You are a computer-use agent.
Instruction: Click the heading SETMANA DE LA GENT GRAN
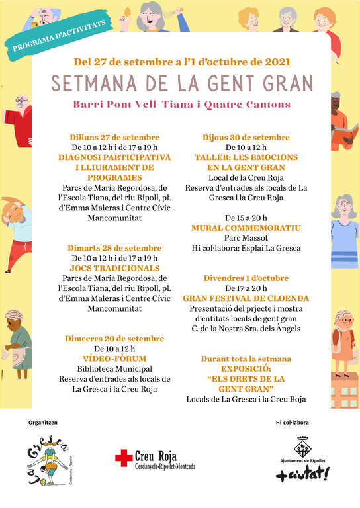[182, 84]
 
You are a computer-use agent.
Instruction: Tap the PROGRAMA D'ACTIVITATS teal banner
[59, 35]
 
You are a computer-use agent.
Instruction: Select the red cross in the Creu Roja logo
[124, 457]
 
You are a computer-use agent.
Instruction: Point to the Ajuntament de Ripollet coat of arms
[302, 446]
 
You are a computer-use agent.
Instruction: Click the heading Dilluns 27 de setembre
[114, 137]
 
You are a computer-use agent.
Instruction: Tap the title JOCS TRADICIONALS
[114, 268]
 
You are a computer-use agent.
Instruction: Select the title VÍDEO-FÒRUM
[114, 359]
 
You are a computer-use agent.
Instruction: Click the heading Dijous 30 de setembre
[246, 137]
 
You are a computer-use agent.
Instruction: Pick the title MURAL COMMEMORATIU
[246, 228]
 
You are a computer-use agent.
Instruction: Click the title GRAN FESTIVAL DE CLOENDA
[246, 298]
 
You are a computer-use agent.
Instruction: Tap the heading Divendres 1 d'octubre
[246, 278]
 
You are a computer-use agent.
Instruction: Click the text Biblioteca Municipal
[114, 368]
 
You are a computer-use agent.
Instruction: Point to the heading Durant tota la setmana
[246, 359]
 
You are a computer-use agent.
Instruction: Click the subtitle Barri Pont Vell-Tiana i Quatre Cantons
[182, 105]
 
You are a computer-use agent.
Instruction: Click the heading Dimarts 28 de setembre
[114, 247]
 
